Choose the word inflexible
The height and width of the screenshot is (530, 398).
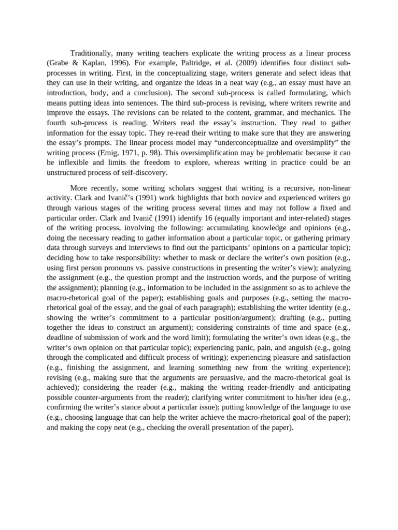tap(72, 162)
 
